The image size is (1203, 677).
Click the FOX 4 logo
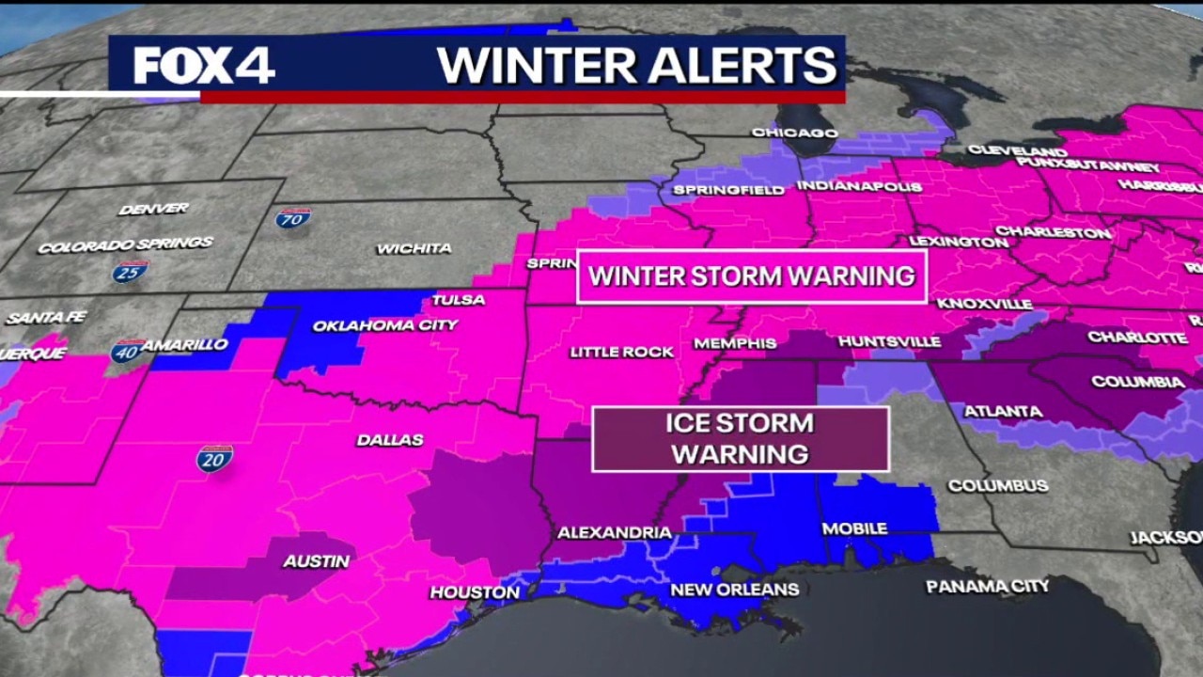coord(204,66)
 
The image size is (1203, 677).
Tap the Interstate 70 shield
coord(293,218)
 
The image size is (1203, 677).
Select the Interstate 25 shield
coord(130,272)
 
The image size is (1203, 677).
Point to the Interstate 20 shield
coord(214,459)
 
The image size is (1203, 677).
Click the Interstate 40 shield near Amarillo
coord(127,352)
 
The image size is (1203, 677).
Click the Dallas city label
coord(390,439)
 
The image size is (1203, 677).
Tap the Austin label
coord(317,561)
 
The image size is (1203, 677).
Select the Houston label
coord(475,592)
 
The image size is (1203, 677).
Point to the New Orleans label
coord(734,590)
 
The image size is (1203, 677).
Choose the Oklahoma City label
coord(385,325)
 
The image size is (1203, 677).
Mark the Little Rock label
coord(622,352)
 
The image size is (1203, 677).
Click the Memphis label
coord(735,343)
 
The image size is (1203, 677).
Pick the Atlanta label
coord(1003,411)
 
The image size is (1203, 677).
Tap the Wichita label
coord(414,248)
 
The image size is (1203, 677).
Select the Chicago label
coord(794,133)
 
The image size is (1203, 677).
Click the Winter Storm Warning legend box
coord(752,276)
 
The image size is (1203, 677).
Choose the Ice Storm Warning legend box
coord(741,439)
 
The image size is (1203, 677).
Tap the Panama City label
coord(988,587)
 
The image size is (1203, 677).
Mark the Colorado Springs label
coord(125,244)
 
